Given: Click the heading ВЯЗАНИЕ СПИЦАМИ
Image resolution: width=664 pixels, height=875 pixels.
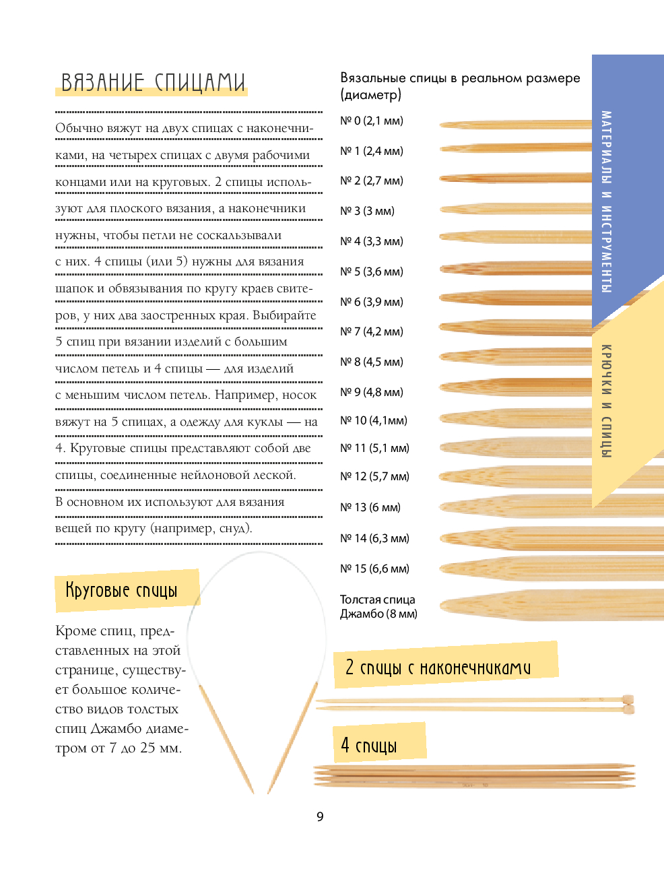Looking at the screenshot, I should point(153,82).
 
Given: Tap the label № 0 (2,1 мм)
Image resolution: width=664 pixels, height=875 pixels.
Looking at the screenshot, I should point(371,121).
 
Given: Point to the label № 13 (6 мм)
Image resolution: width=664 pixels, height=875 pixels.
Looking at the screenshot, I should point(370,507).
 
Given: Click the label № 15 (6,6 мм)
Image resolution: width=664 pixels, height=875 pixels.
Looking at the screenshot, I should point(374,569).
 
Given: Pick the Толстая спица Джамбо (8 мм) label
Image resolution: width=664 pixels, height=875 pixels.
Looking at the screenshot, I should point(378,606).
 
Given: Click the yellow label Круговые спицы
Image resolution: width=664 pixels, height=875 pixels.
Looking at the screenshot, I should point(122,591).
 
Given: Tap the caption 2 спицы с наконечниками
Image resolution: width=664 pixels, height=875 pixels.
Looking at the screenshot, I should point(438,667).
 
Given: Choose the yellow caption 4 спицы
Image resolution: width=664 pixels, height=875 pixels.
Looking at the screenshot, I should point(369,745).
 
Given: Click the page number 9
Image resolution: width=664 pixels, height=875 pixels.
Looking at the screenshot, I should point(320,816).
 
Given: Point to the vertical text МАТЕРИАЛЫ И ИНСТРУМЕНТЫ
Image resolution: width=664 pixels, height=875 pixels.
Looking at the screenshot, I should point(606,202).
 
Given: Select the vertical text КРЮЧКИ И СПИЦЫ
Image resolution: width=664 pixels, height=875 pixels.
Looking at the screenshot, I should point(606,401).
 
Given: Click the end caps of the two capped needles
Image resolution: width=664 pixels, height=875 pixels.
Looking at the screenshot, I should point(628,705).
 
